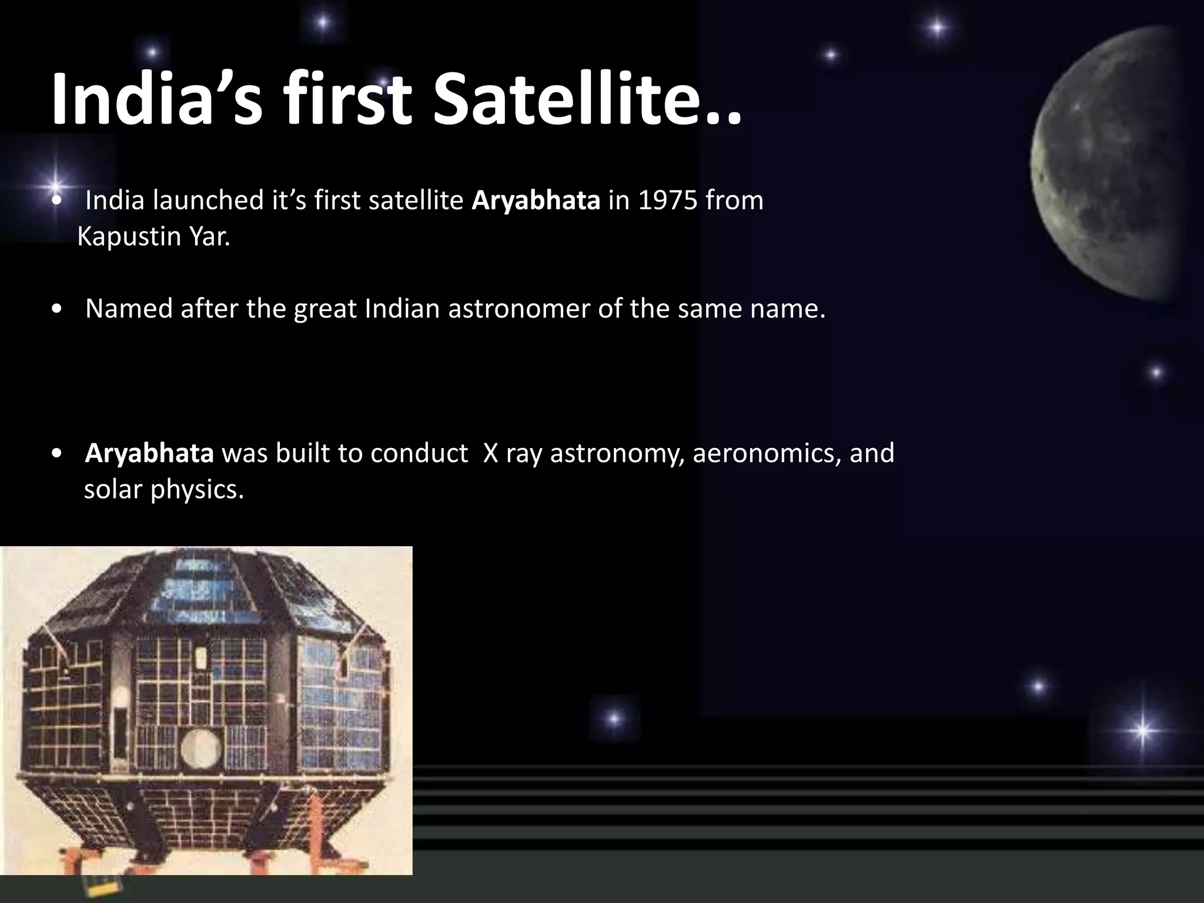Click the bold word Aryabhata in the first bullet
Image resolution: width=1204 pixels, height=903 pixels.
[536, 200]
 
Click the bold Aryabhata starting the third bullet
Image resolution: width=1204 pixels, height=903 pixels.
[149, 453]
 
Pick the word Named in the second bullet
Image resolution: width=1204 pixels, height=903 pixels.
[129, 309]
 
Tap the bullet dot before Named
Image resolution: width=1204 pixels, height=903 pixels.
[56, 309]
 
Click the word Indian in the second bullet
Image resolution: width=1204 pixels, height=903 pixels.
[402, 309]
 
